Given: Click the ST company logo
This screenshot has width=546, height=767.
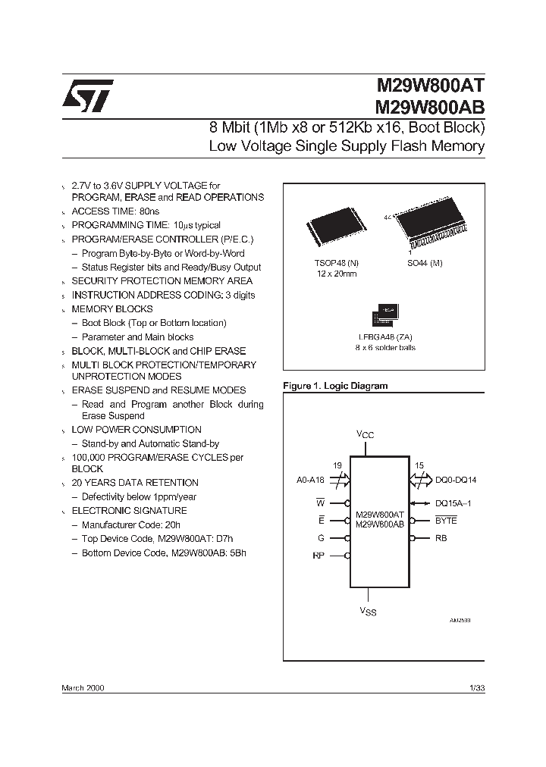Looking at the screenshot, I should (x=88, y=95).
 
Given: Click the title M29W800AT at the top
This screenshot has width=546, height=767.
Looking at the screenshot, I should (x=430, y=87).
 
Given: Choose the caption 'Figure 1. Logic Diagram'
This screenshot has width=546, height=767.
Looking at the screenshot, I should (x=335, y=386).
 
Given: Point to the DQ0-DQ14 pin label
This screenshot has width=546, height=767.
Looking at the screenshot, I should (x=456, y=480).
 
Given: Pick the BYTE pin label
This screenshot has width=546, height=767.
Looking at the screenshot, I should (x=446, y=521).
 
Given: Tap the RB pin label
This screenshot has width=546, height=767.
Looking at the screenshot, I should (x=441, y=539).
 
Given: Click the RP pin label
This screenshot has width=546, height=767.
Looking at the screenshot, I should (x=318, y=556).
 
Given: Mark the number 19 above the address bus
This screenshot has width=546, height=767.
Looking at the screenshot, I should (x=337, y=465).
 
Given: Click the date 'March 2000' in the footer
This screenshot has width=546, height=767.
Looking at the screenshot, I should (x=83, y=687).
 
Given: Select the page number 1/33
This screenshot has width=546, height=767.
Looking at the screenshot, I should (x=477, y=687).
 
